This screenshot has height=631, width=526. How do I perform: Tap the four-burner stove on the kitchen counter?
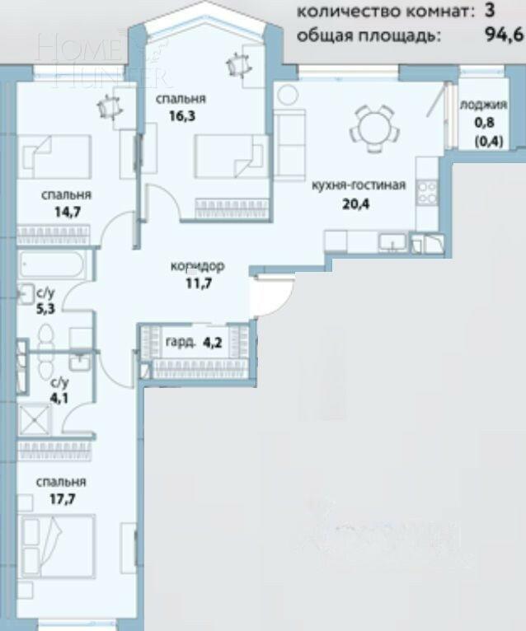point(429,192)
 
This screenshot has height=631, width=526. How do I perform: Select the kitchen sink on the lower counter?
point(391,241)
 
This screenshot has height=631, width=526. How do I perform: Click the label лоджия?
point(477,105)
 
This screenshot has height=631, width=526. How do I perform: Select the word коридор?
point(197,267)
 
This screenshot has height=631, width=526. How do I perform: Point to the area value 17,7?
point(61,497)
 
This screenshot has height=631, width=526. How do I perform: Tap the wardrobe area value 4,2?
point(214,341)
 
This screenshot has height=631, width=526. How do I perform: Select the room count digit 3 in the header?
point(490,11)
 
